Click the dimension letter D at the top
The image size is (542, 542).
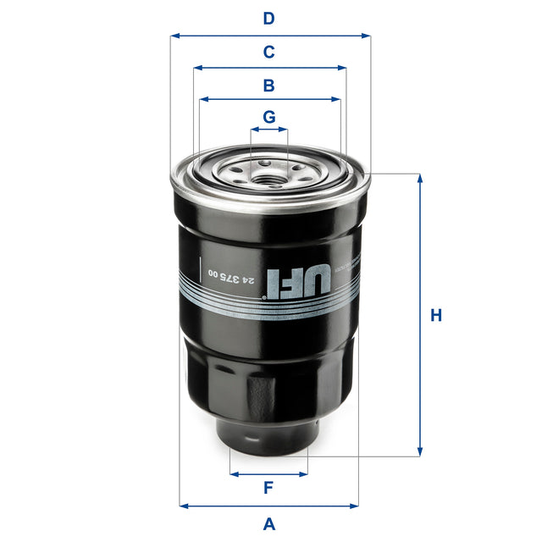(x=268, y=19)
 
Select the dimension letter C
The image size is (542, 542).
(x=268, y=53)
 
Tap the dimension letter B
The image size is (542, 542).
(x=268, y=86)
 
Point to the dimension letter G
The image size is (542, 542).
(x=268, y=117)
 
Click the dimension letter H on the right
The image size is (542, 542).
(x=436, y=316)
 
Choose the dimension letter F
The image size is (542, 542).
(x=268, y=488)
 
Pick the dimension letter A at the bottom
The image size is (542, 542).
(x=269, y=523)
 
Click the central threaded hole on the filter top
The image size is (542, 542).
(x=269, y=177)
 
